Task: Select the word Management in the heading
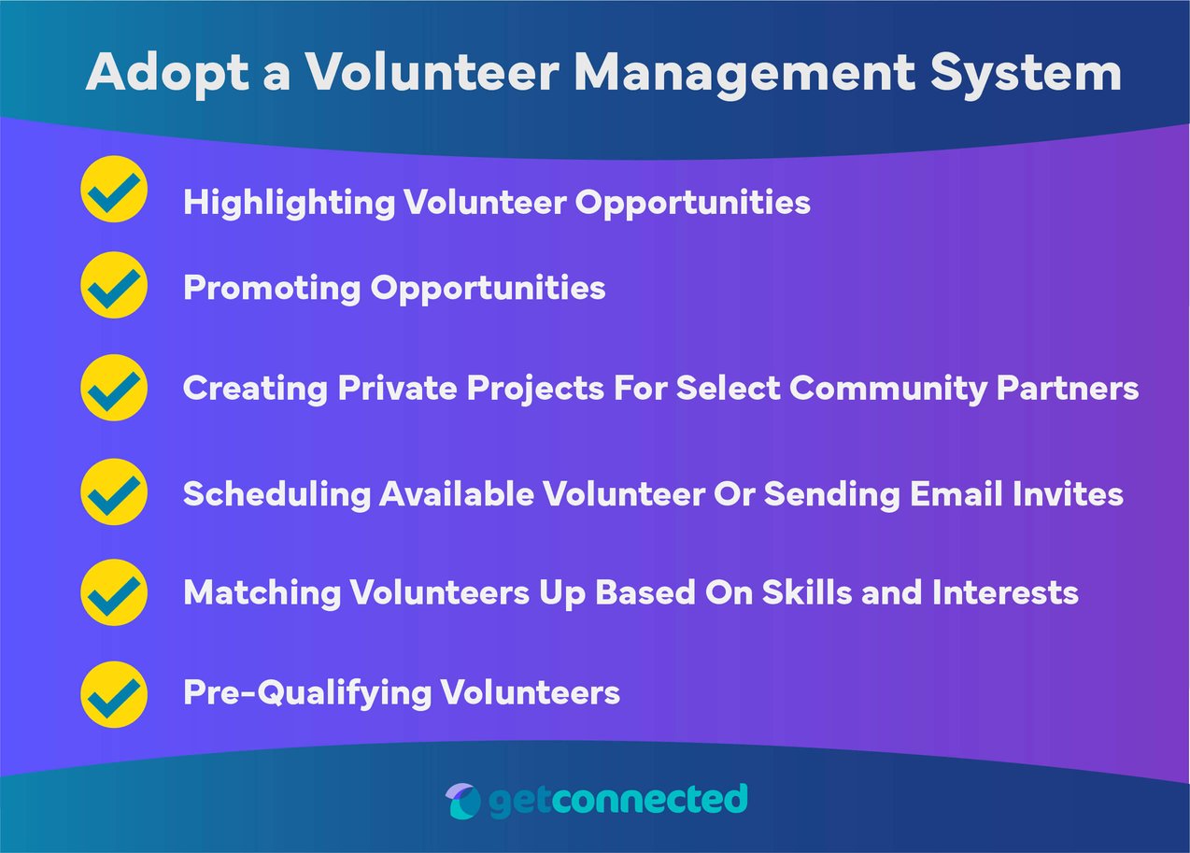(744, 73)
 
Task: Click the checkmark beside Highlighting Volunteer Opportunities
(114, 190)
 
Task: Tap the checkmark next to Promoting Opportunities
(114, 285)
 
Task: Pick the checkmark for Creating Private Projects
(114, 387)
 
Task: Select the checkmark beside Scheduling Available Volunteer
(114, 491)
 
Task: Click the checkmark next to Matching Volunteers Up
(114, 592)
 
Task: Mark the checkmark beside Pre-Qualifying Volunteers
(114, 693)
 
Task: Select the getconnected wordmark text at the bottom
(617, 801)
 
